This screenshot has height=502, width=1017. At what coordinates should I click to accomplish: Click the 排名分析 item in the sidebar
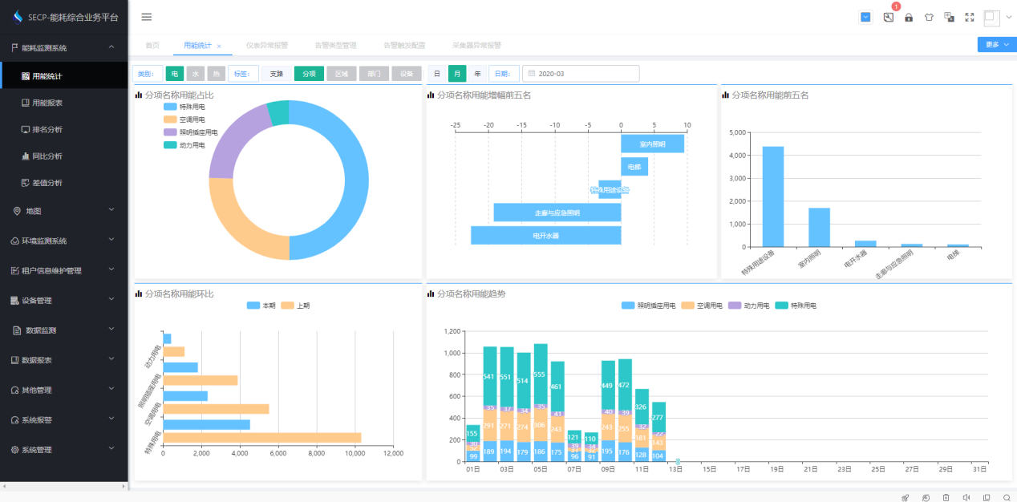click(x=47, y=129)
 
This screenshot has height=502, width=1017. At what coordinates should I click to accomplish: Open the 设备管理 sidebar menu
click(x=37, y=301)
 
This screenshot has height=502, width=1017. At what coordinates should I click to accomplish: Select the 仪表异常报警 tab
click(x=266, y=46)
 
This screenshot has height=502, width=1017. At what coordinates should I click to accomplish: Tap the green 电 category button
click(x=175, y=74)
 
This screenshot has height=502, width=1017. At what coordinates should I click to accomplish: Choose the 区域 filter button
click(x=341, y=74)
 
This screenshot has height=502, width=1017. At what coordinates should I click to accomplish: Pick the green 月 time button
click(x=457, y=74)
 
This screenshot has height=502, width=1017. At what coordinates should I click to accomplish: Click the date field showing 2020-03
click(x=581, y=74)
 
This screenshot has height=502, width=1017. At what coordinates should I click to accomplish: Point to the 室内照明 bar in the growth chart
click(x=652, y=144)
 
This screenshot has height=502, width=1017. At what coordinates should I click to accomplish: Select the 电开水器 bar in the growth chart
click(x=545, y=236)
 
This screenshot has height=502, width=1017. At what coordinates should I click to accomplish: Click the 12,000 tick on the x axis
click(x=393, y=454)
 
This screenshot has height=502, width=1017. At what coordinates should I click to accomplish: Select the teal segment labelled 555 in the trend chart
click(x=540, y=374)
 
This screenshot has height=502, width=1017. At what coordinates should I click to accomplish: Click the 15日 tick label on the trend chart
click(x=709, y=469)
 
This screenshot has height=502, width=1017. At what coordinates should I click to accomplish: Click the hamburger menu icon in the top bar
click(x=146, y=17)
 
